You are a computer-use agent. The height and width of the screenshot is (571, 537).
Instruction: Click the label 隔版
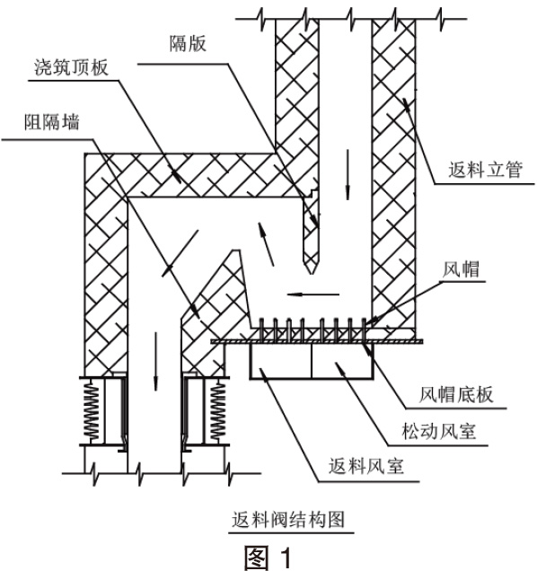188,43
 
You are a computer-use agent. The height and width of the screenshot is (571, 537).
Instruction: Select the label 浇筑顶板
72,67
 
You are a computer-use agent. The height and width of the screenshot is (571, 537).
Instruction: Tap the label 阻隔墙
52,122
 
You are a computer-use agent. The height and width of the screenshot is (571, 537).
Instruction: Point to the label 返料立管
485,170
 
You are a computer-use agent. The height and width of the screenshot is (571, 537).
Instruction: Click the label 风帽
461,270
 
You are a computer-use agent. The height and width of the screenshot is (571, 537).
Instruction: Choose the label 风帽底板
456,394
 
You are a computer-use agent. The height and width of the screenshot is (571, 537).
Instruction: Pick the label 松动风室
438,431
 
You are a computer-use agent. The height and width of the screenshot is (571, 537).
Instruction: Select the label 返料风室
366,467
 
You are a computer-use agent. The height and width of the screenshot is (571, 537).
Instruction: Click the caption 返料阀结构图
288,520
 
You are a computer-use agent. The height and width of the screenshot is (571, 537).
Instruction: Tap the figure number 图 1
268,558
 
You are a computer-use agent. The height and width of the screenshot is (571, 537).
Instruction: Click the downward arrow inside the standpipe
348,174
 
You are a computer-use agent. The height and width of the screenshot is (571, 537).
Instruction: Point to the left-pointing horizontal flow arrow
313,294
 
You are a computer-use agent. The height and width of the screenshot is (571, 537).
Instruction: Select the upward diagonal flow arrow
266,243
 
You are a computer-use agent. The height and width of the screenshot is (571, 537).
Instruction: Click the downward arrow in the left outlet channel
156,361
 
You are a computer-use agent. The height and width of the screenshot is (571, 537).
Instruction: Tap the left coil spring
91,410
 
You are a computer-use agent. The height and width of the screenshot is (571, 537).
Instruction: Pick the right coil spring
217,410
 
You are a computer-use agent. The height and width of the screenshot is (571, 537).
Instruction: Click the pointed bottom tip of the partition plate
311,274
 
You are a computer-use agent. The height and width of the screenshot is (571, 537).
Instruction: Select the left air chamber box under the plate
281,361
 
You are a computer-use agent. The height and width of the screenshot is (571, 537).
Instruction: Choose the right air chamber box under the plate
342,361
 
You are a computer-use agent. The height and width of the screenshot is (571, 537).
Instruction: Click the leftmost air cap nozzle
261,329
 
